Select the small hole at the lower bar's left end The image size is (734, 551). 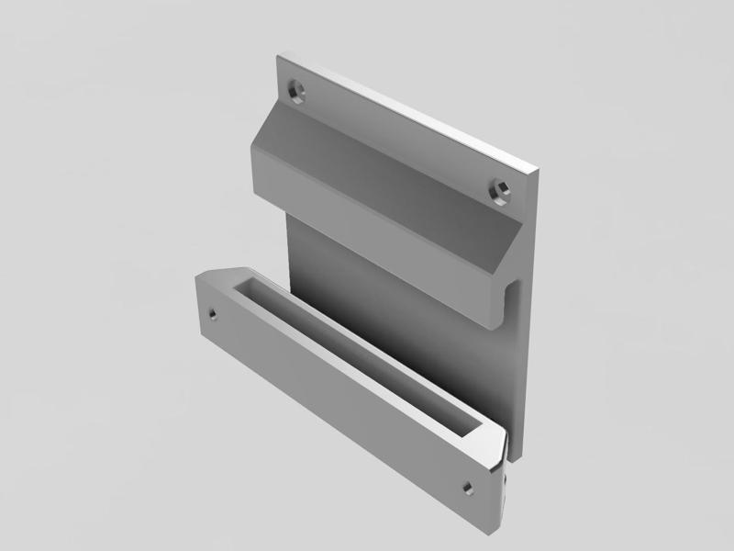pos(212,312)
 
